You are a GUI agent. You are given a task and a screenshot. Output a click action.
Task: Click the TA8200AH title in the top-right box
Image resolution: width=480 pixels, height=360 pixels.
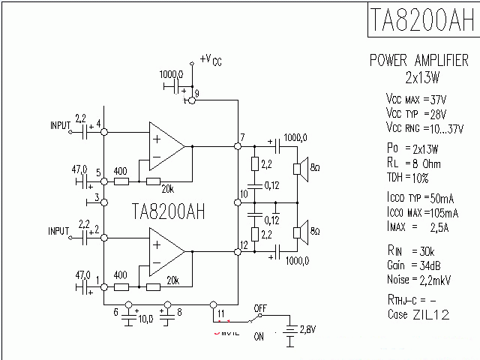click(x=421, y=20)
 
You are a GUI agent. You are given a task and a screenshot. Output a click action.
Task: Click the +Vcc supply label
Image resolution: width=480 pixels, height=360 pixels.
click(x=211, y=59)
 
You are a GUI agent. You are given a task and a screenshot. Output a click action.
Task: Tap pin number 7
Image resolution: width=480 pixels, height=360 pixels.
click(x=242, y=136)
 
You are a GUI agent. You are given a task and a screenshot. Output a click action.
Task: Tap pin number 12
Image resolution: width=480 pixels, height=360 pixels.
click(x=244, y=245)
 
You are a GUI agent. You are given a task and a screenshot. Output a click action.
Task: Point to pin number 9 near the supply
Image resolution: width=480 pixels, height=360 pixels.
click(x=196, y=92)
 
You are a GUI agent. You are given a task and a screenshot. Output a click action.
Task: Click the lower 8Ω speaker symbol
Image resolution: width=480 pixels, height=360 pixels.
click(x=298, y=232)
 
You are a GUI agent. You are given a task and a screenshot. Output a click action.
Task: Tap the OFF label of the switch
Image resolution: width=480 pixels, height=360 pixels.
click(x=260, y=307)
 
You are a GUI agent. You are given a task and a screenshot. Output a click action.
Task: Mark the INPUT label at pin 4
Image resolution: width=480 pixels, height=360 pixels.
click(x=61, y=124)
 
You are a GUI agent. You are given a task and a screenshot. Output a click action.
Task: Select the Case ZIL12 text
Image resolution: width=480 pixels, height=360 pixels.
click(x=418, y=314)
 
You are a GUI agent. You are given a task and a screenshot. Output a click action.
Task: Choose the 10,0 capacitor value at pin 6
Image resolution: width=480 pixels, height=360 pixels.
click(x=145, y=319)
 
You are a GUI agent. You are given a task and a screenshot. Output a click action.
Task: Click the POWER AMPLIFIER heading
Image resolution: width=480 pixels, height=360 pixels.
click(x=419, y=61)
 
